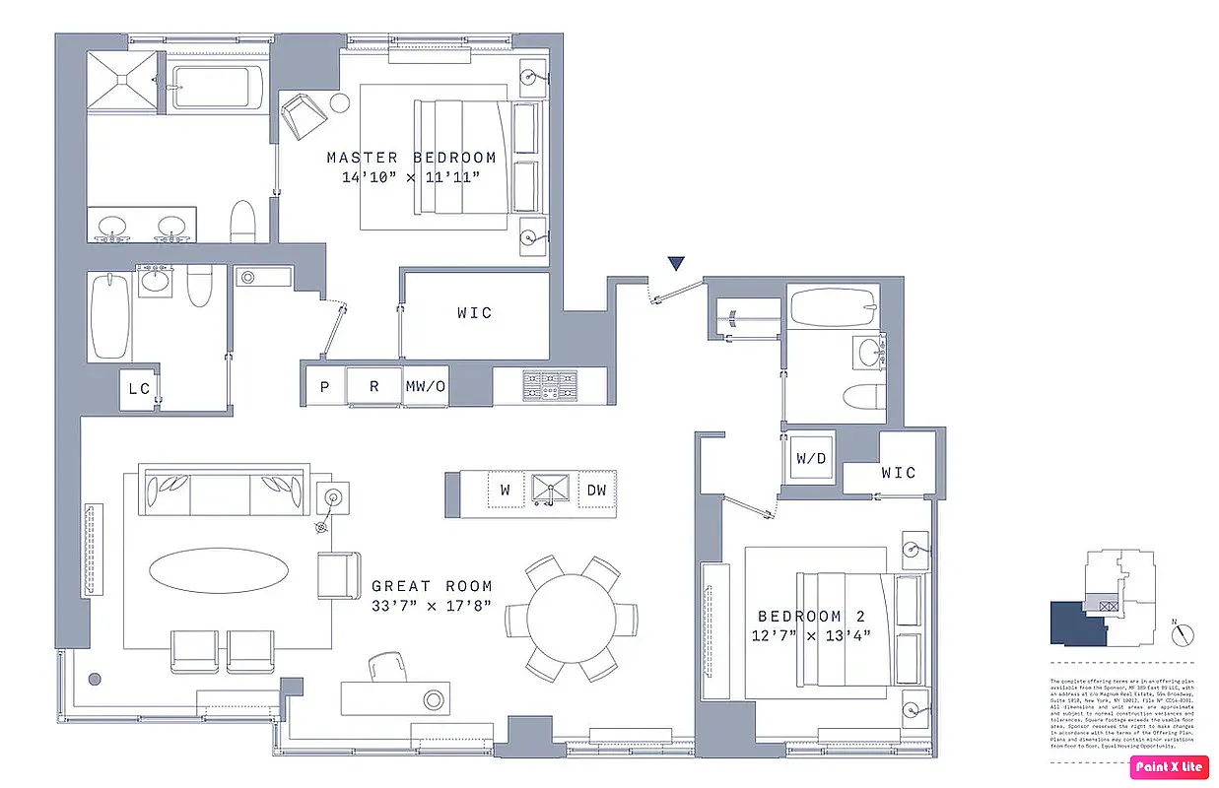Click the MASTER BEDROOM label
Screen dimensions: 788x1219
tap(411, 158)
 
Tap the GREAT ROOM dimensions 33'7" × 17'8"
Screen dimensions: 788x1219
tap(431, 606)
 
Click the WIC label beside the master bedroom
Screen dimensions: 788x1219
tap(474, 313)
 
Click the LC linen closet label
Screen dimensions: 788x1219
tap(139, 389)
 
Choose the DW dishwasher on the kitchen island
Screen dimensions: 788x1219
tap(596, 490)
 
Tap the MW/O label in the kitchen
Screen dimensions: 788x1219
tap(426, 387)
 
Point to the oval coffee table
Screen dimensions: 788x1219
tap(219, 570)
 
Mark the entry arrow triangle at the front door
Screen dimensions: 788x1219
tap(675, 263)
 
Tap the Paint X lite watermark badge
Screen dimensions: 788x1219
tap(1170, 766)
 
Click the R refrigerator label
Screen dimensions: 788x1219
tap(374, 387)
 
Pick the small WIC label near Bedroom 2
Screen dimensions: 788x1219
tap(898, 473)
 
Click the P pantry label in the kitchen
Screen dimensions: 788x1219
tap(324, 387)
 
